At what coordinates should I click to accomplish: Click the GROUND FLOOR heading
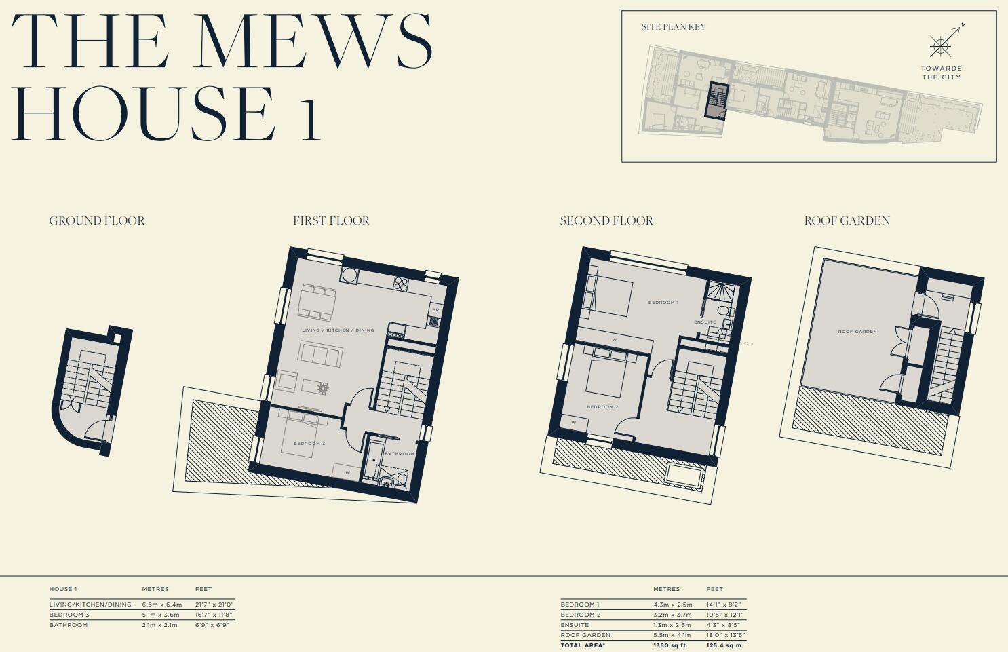click(x=97, y=221)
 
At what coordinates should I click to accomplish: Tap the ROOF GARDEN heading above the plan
click(x=847, y=221)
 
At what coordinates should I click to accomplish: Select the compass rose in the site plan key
click(x=940, y=46)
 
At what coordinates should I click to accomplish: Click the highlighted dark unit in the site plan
click(x=716, y=100)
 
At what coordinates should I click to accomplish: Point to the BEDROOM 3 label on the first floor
click(x=309, y=444)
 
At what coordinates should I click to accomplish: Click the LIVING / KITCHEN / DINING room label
click(x=338, y=330)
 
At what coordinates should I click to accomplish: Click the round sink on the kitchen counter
click(x=349, y=275)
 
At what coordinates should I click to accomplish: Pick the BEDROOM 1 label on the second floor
click(x=663, y=303)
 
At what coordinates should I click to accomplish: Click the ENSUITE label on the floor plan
click(x=705, y=322)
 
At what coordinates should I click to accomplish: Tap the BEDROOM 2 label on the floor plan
click(x=602, y=407)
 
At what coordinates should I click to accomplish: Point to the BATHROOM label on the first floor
click(x=399, y=454)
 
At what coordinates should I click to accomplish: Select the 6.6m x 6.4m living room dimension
click(x=161, y=605)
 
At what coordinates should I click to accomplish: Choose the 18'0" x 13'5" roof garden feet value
click(x=725, y=635)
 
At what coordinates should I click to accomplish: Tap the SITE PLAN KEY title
click(x=673, y=27)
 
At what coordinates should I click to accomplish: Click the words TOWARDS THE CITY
click(x=941, y=73)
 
